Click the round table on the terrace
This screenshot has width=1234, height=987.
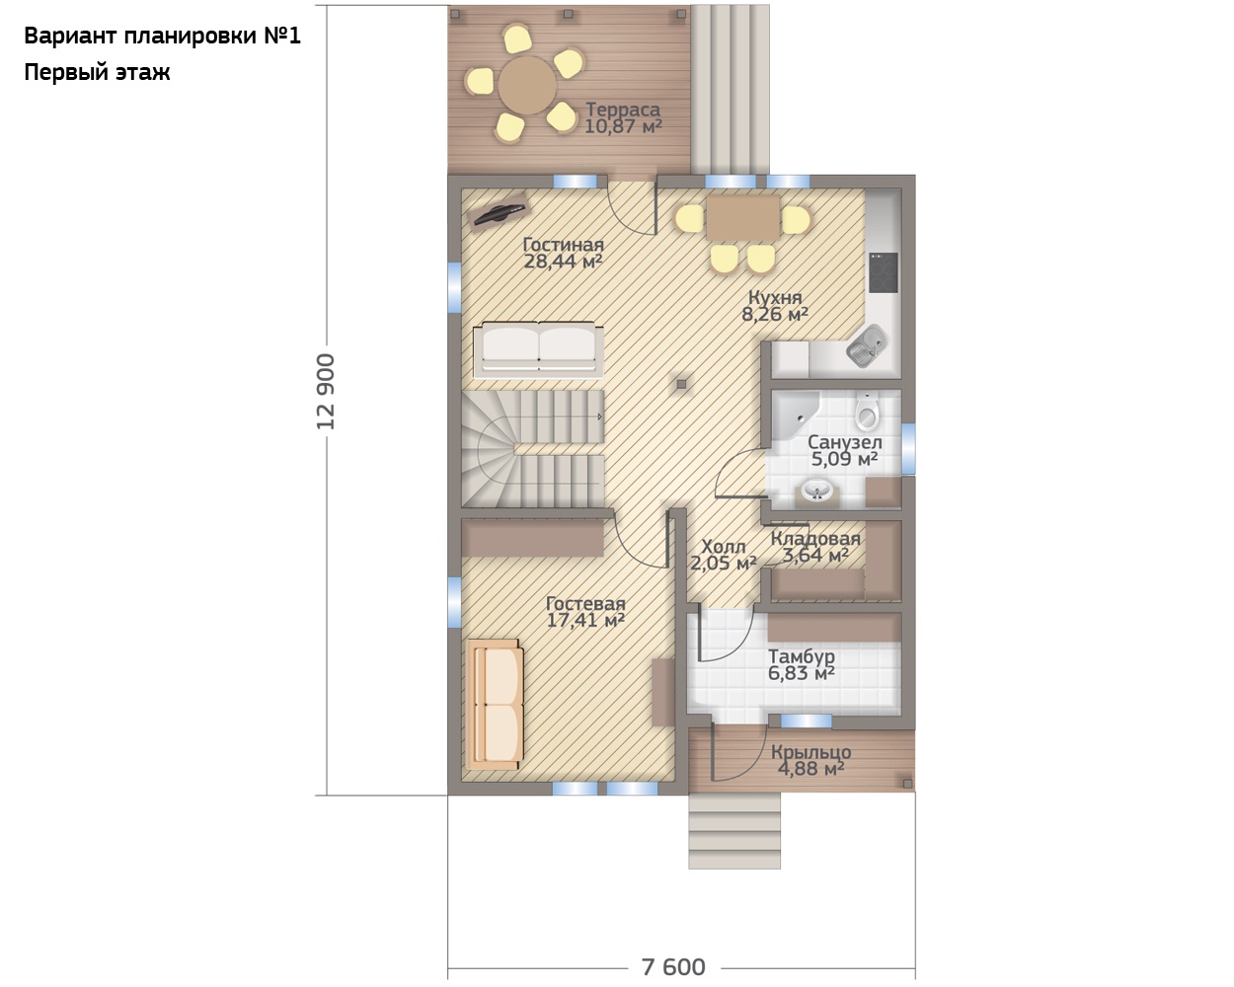click(527, 86)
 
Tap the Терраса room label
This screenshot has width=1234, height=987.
click(623, 109)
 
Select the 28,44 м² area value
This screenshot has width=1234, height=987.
click(563, 262)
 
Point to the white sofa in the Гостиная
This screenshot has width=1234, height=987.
click(538, 348)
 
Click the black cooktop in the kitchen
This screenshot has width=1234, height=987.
click(884, 272)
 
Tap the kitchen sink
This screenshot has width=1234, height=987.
click(867, 344)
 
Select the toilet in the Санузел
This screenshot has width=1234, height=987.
click(867, 412)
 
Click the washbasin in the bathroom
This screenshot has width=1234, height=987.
click(817, 492)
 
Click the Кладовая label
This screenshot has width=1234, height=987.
click(815, 539)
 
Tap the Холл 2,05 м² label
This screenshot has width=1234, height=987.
click(723, 555)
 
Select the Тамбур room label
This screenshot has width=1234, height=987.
click(801, 655)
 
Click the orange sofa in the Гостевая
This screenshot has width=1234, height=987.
click(495, 705)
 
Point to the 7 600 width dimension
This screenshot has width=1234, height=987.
click(673, 967)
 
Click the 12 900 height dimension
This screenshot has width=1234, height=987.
click(325, 391)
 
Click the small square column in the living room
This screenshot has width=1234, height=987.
click(681, 384)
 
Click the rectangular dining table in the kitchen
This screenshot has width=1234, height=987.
click(742, 218)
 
